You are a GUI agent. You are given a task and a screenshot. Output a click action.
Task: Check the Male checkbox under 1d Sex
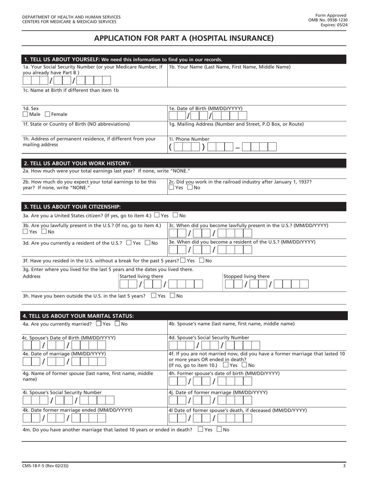tap(25, 114)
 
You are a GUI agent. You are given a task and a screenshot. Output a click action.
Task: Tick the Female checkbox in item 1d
tap(48, 114)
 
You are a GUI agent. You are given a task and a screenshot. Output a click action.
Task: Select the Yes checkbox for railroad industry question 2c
tap(171, 188)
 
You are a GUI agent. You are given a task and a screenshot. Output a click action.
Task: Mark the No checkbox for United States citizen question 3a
tap(175, 215)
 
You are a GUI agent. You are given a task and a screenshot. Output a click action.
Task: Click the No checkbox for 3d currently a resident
tap(148, 243)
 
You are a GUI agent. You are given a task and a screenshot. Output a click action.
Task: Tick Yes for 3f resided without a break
tap(183, 261)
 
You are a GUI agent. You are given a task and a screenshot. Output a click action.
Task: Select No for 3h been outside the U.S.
tap(173, 296)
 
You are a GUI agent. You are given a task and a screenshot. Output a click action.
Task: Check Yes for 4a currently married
tap(98, 324)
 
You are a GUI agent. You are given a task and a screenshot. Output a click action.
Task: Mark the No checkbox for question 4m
tap(219, 429)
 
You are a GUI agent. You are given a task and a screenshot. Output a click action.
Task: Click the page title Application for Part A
tap(184, 38)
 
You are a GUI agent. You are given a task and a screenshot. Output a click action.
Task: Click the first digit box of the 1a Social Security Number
tap(27, 81)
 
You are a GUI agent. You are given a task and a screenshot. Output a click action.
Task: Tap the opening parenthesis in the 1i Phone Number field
tap(170, 147)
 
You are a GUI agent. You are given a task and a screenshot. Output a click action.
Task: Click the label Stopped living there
tap(246, 277)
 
